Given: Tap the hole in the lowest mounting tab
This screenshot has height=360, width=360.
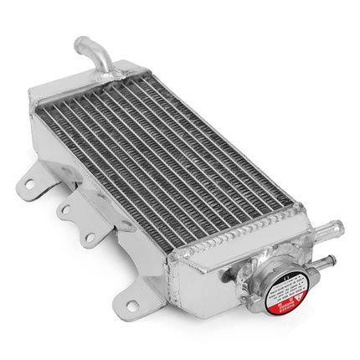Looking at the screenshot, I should tap(131, 306).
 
